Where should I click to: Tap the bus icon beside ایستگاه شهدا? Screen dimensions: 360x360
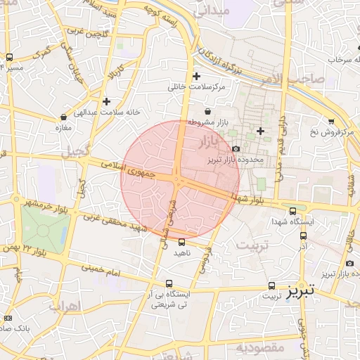pyautogui.click(x=292, y=211)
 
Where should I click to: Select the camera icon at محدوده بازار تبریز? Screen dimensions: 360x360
pyautogui.click(x=236, y=148)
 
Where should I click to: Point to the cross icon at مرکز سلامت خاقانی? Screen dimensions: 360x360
pyautogui.click(x=196, y=76)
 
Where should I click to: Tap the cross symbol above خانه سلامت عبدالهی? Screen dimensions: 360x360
pyautogui.click(x=106, y=101)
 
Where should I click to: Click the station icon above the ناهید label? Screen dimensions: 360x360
pyautogui.click(x=182, y=242)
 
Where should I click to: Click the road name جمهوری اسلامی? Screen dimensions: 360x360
pyautogui.click(x=124, y=169)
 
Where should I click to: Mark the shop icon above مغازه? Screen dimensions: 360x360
pyautogui.click(x=64, y=117)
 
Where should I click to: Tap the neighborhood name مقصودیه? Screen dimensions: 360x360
pyautogui.click(x=259, y=347)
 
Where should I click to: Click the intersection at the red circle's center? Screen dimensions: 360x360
pyautogui.click(x=180, y=180)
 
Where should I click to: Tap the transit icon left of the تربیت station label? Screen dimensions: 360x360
pyautogui.click(x=271, y=285)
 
